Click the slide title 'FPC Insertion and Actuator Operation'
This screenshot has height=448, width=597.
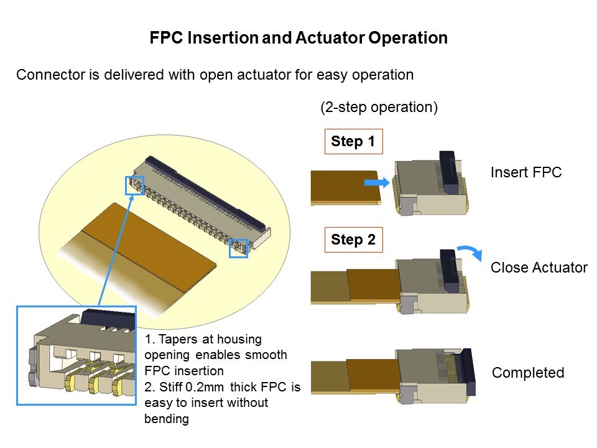[x=298, y=38]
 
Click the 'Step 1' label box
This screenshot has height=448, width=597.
[x=353, y=141]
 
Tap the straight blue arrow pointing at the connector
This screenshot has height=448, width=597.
[x=377, y=182]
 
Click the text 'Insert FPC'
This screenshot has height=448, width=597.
[x=525, y=172]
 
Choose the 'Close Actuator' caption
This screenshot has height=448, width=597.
[x=539, y=268]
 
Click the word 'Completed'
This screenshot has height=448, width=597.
[x=528, y=373]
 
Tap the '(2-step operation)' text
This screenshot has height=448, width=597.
[x=379, y=107]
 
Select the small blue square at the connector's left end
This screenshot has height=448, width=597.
[x=134, y=185]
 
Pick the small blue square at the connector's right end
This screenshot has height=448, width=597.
[x=239, y=248]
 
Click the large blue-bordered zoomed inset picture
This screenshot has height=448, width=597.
[x=76, y=355]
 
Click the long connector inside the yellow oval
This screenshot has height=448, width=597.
[x=202, y=199]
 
